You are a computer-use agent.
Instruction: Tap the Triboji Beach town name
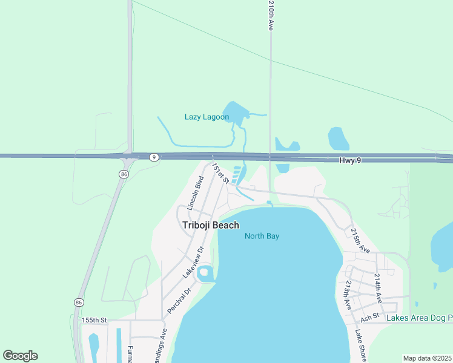point(211,225)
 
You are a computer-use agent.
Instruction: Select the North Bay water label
point(262,236)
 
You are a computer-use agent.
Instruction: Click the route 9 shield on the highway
point(154,157)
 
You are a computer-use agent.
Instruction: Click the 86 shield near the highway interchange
point(124,174)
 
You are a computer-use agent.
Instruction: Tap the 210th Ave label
point(271,16)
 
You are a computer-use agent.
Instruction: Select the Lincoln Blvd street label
point(194,193)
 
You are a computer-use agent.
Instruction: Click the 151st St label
point(220,173)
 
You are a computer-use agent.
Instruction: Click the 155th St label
point(94,319)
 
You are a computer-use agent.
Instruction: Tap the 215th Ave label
point(360,240)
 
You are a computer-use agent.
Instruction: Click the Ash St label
point(369,316)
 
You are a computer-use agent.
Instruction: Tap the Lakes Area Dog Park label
point(420,318)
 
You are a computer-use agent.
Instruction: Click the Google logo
point(21,356)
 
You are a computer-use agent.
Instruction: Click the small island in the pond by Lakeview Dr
point(204,272)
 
